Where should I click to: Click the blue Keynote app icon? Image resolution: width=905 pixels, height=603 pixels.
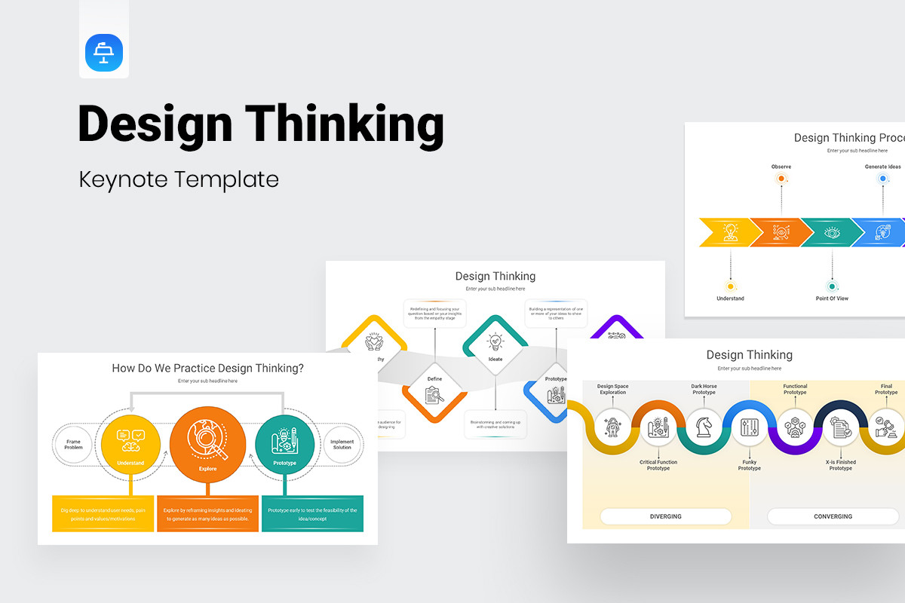104,53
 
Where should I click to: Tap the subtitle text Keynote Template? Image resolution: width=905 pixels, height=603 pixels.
179,179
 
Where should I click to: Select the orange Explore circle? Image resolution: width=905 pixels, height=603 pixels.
207,444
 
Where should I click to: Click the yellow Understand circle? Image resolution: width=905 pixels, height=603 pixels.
130,444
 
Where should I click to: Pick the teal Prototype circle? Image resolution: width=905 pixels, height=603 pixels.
284,444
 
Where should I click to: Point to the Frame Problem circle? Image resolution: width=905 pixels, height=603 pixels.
73,443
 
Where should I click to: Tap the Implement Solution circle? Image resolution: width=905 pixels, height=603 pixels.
342,443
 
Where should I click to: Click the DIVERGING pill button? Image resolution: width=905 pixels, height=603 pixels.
665,516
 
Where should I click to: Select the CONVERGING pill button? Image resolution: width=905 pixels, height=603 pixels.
833,516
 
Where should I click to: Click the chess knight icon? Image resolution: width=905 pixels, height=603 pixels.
704,427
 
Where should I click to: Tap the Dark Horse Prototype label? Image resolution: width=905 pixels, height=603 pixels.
704,389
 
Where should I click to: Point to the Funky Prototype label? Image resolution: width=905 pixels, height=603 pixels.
749,465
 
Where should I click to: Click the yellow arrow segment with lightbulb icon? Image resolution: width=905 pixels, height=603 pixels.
726,232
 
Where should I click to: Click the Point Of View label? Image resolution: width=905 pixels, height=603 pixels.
832,298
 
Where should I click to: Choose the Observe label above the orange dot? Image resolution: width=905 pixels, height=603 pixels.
781,167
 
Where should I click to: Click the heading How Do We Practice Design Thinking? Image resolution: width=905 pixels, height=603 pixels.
207,369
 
